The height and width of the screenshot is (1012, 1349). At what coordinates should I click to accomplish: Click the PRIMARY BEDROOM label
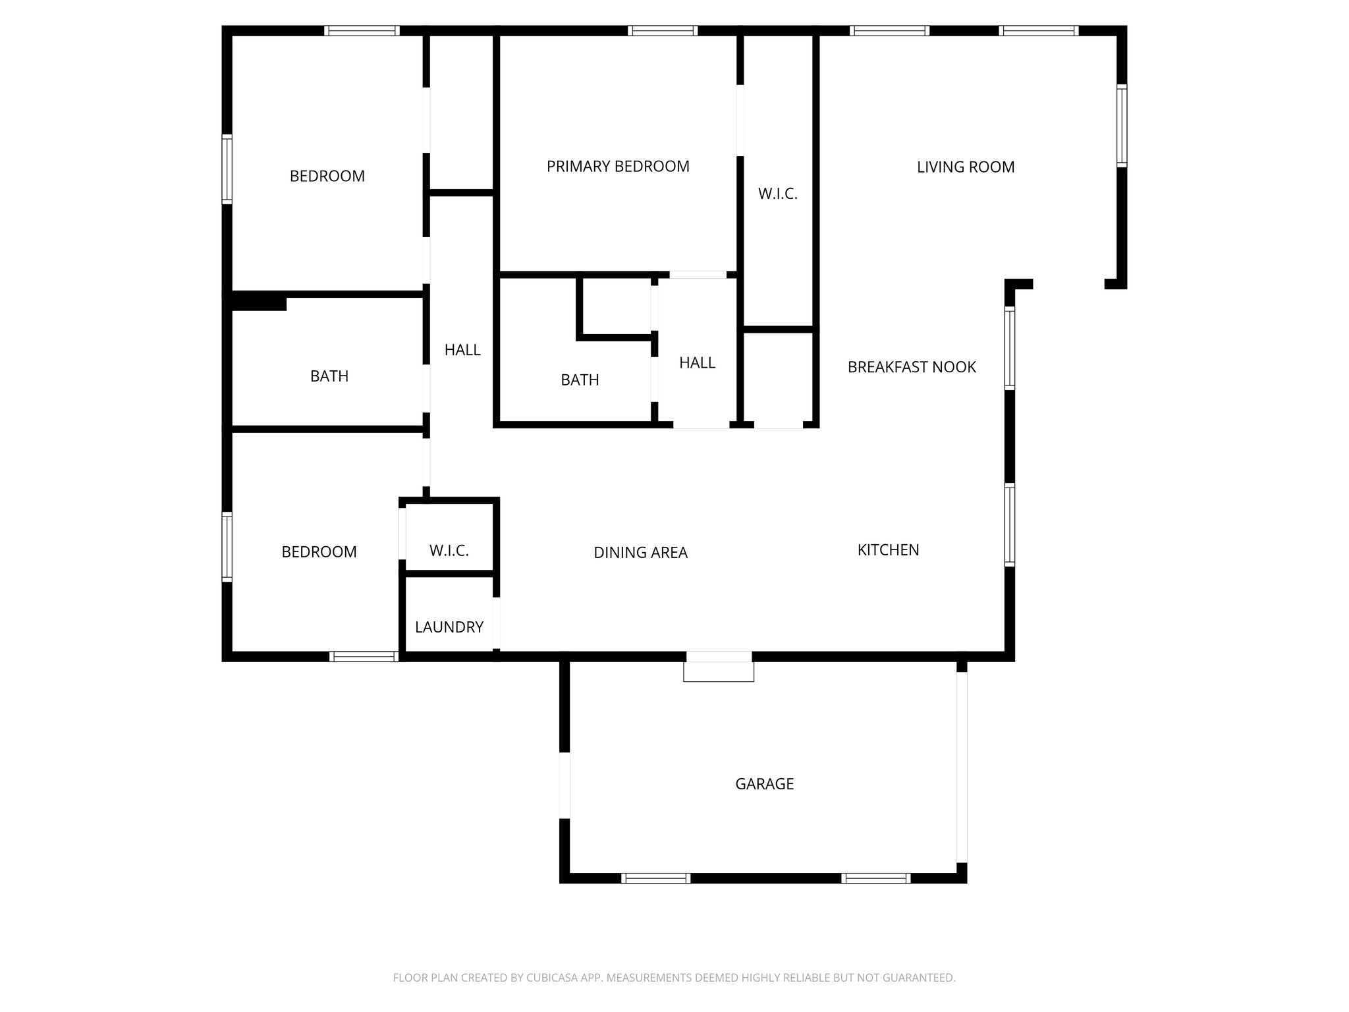click(618, 167)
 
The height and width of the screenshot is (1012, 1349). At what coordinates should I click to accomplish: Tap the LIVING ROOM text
click(965, 167)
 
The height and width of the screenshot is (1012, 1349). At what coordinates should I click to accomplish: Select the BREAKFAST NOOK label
click(912, 367)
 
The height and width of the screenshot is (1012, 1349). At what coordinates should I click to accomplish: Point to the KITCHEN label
click(888, 550)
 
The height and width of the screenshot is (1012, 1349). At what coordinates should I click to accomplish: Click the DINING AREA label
click(640, 553)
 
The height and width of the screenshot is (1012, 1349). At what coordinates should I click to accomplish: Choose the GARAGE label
click(764, 784)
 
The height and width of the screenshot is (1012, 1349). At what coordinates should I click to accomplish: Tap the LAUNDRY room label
click(449, 627)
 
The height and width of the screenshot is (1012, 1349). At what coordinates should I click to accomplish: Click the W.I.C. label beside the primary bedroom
click(778, 194)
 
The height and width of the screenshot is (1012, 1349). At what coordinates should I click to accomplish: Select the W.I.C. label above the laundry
click(449, 551)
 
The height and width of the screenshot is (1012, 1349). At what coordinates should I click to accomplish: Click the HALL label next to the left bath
click(462, 351)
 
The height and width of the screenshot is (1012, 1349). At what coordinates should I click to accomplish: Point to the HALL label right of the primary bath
click(697, 363)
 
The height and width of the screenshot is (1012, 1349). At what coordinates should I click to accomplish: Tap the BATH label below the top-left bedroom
click(329, 376)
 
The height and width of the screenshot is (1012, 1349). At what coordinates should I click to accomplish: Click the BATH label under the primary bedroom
click(580, 380)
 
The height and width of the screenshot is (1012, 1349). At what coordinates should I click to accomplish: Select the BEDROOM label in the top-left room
click(327, 177)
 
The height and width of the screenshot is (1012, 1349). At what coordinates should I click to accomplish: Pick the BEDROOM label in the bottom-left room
click(319, 552)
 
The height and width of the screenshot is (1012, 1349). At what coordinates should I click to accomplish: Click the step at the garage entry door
click(719, 671)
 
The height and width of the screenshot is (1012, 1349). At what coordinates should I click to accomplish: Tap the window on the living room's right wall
click(1121, 125)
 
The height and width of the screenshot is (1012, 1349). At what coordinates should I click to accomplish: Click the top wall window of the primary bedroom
click(663, 30)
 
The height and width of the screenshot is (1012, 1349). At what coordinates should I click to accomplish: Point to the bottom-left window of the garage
click(655, 878)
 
